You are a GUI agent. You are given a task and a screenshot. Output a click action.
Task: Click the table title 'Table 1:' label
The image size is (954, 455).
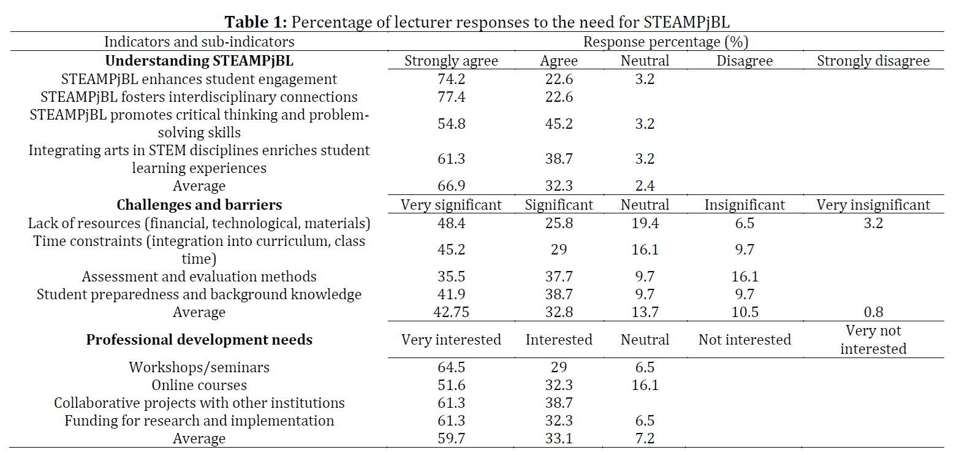pyautogui.click(x=256, y=21)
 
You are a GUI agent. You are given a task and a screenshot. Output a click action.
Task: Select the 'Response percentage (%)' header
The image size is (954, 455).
pyautogui.click(x=665, y=42)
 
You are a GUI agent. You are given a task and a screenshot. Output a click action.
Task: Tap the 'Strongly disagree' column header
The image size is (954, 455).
pyautogui.click(x=873, y=61)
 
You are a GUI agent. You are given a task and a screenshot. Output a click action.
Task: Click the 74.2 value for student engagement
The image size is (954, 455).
pyautogui.click(x=451, y=79)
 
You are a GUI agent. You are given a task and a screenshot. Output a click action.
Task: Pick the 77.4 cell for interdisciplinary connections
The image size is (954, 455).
pyautogui.click(x=451, y=97)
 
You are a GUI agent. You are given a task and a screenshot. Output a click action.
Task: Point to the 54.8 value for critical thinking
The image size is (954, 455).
pyautogui.click(x=451, y=124)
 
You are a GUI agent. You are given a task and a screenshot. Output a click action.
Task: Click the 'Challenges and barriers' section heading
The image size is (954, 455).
pyautogui.click(x=199, y=205)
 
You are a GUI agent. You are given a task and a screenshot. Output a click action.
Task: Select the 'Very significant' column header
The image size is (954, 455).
pyautogui.click(x=451, y=205)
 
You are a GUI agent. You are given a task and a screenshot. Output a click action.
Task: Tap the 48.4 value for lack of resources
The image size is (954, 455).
pyautogui.click(x=451, y=223)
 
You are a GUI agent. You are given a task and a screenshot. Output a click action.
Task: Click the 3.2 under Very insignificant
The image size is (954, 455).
pyautogui.click(x=873, y=223)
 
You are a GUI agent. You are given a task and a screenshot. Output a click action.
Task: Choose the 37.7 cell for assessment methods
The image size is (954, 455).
pyautogui.click(x=559, y=277)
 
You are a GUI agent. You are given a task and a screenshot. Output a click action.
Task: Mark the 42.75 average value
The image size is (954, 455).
pyautogui.click(x=451, y=312)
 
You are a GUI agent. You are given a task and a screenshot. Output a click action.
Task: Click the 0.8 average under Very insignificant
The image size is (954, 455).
pyautogui.click(x=873, y=312)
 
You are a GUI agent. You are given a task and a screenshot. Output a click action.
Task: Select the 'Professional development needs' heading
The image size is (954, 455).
pyautogui.click(x=199, y=340)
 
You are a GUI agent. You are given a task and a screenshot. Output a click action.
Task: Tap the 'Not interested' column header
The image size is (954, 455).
pyautogui.click(x=744, y=340)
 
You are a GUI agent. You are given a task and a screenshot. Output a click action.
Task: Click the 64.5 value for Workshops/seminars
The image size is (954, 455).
pyautogui.click(x=451, y=367)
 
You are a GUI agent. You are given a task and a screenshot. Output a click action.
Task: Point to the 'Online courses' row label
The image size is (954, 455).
pyautogui.click(x=199, y=385)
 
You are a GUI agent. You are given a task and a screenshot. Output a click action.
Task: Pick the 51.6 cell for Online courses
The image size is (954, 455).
pyautogui.click(x=451, y=385)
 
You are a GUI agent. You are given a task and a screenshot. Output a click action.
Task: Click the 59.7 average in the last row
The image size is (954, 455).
pyautogui.click(x=451, y=438)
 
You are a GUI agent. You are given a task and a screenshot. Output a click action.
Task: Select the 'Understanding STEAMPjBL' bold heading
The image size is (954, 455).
pyautogui.click(x=199, y=61)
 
